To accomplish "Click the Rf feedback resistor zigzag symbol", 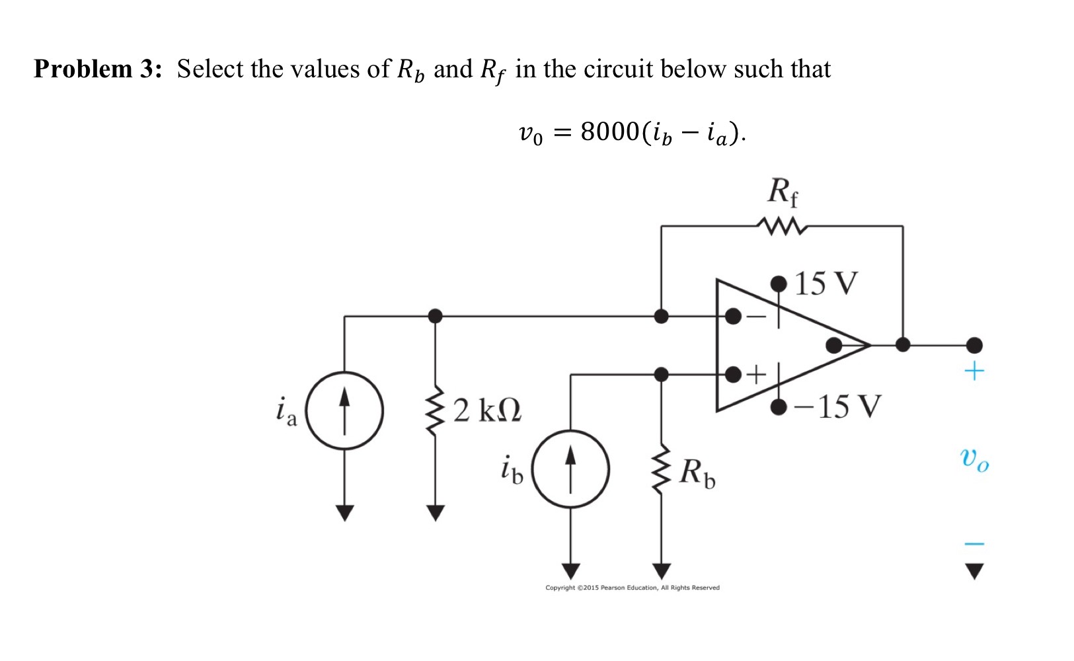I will [783, 227].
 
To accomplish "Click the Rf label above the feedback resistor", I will [783, 192].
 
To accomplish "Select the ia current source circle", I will [344, 410].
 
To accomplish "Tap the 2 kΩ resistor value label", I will [487, 410].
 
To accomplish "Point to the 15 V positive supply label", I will [825, 284].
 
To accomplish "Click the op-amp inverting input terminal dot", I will [733, 316].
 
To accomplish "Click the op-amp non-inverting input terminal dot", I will [733, 375].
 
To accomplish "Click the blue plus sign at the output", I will [974, 371].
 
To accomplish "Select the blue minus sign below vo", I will [974, 543].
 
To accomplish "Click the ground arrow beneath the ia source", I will [344, 512].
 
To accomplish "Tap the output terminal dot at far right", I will [974, 345].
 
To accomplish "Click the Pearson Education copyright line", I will [632, 588].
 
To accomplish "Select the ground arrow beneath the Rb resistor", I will [661, 570].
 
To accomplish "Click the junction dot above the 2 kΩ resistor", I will [435, 316].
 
